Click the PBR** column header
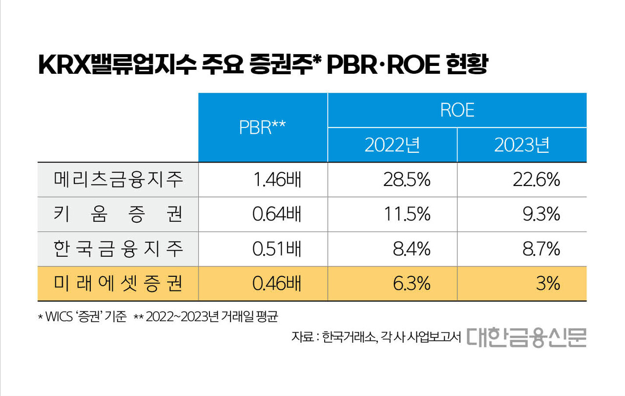pyautogui.click(x=262, y=127)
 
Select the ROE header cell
pyautogui.click(x=457, y=110)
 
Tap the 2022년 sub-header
pyautogui.click(x=392, y=145)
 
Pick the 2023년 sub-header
pyautogui.click(x=521, y=145)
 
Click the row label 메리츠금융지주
pyautogui.click(x=118, y=180)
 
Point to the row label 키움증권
pyautogui.click(x=118, y=214)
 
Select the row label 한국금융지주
pyautogui.click(x=118, y=249)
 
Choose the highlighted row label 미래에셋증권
pyautogui.click(x=118, y=284)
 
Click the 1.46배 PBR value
pyautogui.click(x=277, y=180)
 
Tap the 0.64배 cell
pyautogui.click(x=277, y=214)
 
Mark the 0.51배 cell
pyautogui.click(x=277, y=249)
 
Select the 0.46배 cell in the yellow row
pyautogui.click(x=277, y=284)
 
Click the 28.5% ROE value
pyautogui.click(x=407, y=180)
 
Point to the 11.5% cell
pyautogui.click(x=407, y=214)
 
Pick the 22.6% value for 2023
pyautogui.click(x=536, y=180)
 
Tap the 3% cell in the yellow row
pyautogui.click(x=548, y=284)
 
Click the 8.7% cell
pyautogui.click(x=541, y=249)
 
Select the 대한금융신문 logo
pyautogui.click(x=526, y=336)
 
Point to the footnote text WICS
pyautogui.click(x=61, y=316)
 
